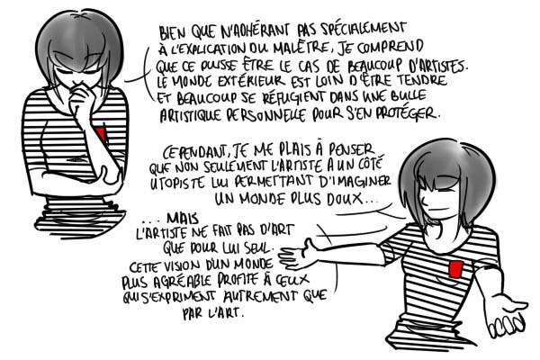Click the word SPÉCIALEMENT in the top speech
363,30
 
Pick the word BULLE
409,94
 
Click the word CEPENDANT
195,151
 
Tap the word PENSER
351,149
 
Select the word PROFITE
238,280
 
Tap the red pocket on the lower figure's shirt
455,269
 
